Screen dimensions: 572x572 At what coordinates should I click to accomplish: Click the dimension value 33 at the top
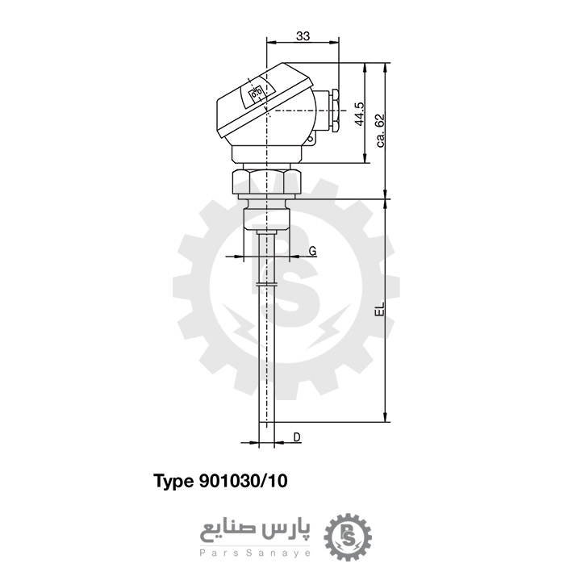[303, 36]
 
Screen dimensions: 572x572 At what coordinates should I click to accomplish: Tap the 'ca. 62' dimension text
[380, 130]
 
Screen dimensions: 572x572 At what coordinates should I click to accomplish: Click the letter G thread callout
[312, 251]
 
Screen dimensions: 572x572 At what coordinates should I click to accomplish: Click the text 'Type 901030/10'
[220, 482]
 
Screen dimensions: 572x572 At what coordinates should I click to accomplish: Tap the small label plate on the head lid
[257, 94]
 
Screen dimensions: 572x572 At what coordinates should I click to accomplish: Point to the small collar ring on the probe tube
[265, 285]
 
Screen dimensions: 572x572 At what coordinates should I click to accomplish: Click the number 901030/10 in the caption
[242, 482]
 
